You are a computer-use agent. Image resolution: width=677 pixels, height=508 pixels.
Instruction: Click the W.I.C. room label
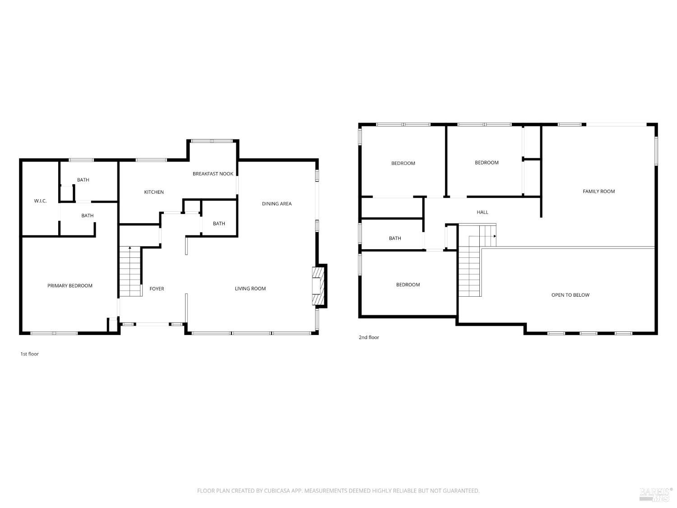click(x=40, y=201)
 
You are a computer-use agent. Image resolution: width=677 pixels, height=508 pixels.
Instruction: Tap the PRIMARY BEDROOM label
click(x=70, y=286)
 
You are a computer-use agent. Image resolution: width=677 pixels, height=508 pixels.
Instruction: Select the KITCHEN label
click(x=154, y=192)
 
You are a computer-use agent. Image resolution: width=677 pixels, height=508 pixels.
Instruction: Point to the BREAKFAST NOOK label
click(x=213, y=174)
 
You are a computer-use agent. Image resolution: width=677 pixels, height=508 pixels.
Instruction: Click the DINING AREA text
click(x=277, y=204)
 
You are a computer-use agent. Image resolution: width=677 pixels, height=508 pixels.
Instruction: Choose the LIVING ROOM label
click(x=250, y=289)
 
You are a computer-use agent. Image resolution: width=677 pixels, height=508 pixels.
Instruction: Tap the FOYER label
click(x=157, y=289)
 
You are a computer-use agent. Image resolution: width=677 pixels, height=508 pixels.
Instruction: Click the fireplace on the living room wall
click(x=318, y=286)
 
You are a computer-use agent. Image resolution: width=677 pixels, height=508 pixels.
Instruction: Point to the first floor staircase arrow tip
click(x=130, y=247)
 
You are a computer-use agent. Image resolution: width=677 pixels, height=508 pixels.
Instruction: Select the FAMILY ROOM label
click(x=598, y=191)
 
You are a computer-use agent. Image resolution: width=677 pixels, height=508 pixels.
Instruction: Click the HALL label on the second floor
click(x=482, y=212)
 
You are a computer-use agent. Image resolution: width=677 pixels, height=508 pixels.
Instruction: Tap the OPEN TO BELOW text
click(x=570, y=295)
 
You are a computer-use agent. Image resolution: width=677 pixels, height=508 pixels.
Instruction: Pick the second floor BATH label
click(x=395, y=238)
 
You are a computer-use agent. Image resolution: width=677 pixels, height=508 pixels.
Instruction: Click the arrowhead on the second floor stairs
click(x=495, y=236)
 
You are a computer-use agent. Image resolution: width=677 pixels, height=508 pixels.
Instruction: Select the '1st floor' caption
click(x=30, y=354)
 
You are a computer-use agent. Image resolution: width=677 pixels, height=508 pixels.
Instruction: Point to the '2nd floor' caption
click(x=369, y=337)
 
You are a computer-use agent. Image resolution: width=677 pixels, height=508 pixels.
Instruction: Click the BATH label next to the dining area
click(x=219, y=224)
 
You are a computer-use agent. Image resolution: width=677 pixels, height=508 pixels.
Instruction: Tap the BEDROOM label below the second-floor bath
click(x=408, y=284)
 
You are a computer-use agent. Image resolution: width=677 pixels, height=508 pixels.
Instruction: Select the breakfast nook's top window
click(x=212, y=141)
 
